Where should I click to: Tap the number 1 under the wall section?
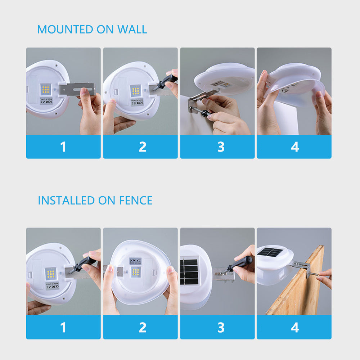63,147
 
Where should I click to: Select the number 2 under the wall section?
143,147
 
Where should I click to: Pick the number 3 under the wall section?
221,147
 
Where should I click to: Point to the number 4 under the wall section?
295,147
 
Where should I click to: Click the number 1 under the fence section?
63,327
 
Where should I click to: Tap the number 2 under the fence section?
143,327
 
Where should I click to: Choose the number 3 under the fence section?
221,327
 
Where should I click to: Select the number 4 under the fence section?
295,327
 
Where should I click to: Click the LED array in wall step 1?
46,89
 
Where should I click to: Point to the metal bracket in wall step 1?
77,89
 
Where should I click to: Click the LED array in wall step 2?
136,90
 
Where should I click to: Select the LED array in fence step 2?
135,272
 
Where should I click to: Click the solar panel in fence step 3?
189,270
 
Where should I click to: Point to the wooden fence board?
299,288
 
